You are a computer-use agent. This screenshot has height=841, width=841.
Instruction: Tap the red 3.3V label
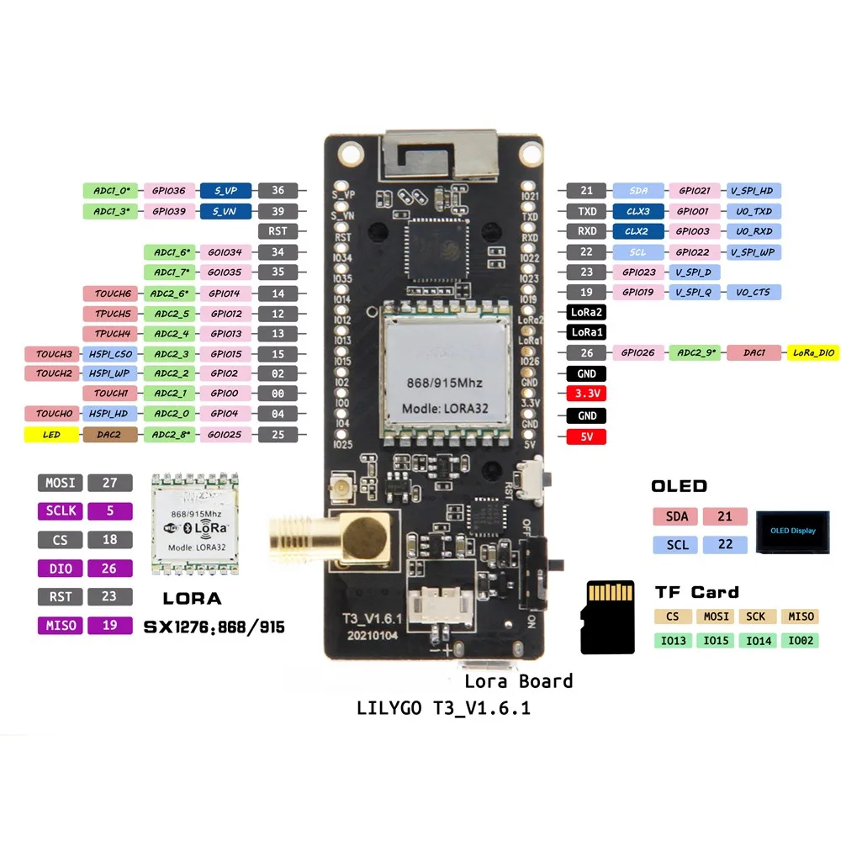587,394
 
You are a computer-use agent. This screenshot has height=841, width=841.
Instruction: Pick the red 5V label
587,436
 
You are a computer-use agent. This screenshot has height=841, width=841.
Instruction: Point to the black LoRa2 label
587,312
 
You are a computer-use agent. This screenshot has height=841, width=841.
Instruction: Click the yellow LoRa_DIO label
812,353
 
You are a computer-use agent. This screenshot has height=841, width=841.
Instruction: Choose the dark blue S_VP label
226,191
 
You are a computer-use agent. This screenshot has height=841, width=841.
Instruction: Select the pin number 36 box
278,191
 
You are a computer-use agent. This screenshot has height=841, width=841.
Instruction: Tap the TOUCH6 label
111,294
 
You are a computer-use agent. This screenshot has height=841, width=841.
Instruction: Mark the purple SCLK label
60,510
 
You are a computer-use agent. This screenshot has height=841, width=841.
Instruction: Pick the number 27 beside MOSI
109,483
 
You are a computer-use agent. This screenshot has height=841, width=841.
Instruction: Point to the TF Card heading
697,592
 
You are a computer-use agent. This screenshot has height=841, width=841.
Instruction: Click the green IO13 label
674,641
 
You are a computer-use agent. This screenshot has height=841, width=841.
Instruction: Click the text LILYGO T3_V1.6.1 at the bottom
444,709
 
